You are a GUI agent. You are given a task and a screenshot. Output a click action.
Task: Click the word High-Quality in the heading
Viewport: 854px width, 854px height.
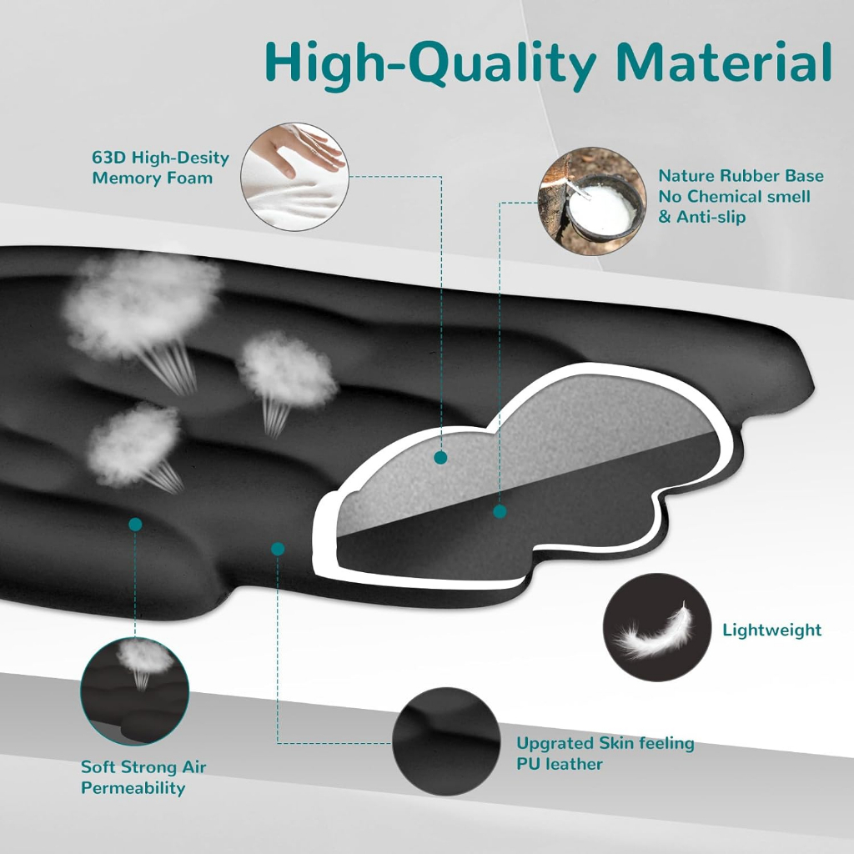[x=424, y=63]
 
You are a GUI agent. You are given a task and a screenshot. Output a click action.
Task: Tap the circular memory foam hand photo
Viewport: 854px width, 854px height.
[x=293, y=176]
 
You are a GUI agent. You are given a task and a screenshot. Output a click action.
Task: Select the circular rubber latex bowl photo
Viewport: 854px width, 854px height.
[x=592, y=200]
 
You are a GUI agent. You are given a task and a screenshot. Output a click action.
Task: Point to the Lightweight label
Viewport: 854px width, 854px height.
[x=771, y=630]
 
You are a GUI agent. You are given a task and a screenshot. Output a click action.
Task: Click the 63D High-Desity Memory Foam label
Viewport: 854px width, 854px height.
[x=160, y=167]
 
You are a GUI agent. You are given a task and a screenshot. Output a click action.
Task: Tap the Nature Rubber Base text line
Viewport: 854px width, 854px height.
[x=741, y=176]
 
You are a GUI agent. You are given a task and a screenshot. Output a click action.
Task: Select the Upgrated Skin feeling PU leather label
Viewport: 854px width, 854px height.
[x=605, y=753]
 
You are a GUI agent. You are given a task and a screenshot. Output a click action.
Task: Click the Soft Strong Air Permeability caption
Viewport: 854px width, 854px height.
[x=143, y=777]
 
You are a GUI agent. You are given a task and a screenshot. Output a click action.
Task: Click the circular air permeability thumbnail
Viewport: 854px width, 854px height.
[x=135, y=691]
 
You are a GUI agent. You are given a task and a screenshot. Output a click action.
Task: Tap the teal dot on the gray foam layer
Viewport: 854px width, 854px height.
[x=440, y=457]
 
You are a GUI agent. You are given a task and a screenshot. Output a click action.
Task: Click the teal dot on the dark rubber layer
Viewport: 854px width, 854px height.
[x=500, y=511]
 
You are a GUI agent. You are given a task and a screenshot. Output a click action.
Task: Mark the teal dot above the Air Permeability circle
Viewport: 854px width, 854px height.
[x=135, y=524]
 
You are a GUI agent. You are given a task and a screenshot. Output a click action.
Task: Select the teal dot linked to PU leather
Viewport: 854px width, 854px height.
[x=278, y=548]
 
